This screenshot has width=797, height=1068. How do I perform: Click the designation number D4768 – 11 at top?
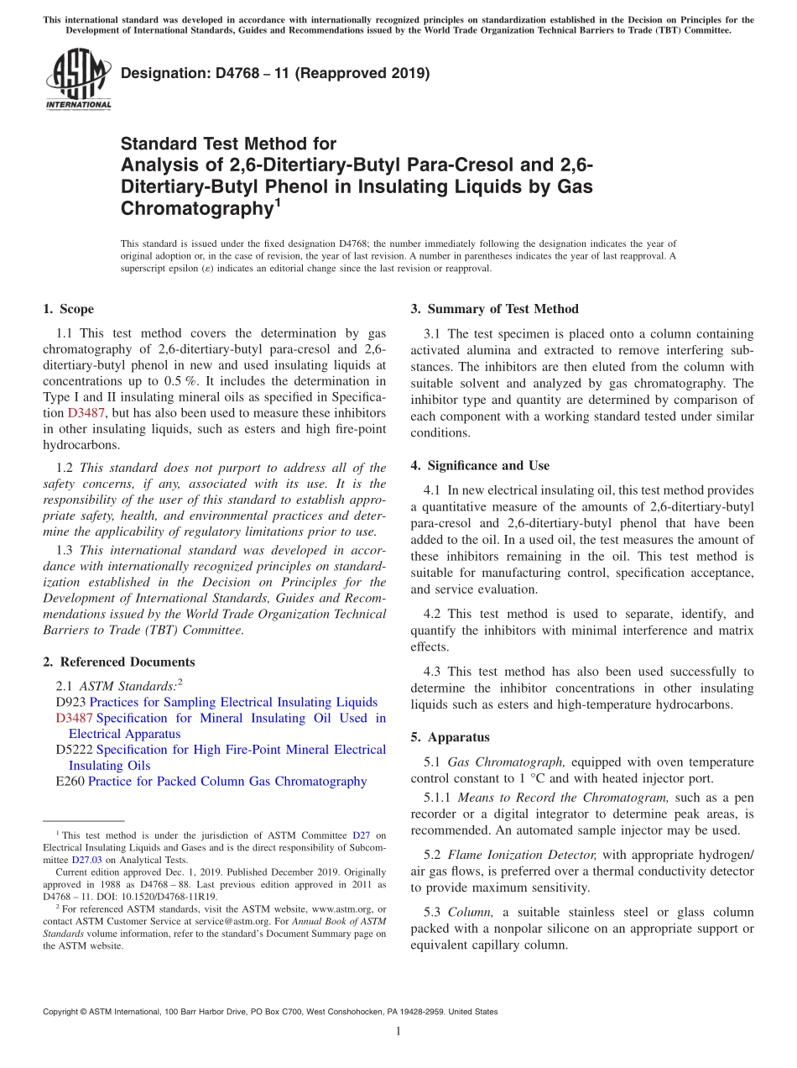[x=275, y=74]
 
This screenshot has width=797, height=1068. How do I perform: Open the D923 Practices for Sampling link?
[x=233, y=702]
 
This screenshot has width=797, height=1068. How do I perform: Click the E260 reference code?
[x=70, y=781]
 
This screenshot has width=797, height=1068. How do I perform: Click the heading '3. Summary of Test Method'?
[x=494, y=309]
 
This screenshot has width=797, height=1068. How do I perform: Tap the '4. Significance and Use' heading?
[x=480, y=465]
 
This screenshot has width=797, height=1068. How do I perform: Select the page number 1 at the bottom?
[x=398, y=1031]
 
